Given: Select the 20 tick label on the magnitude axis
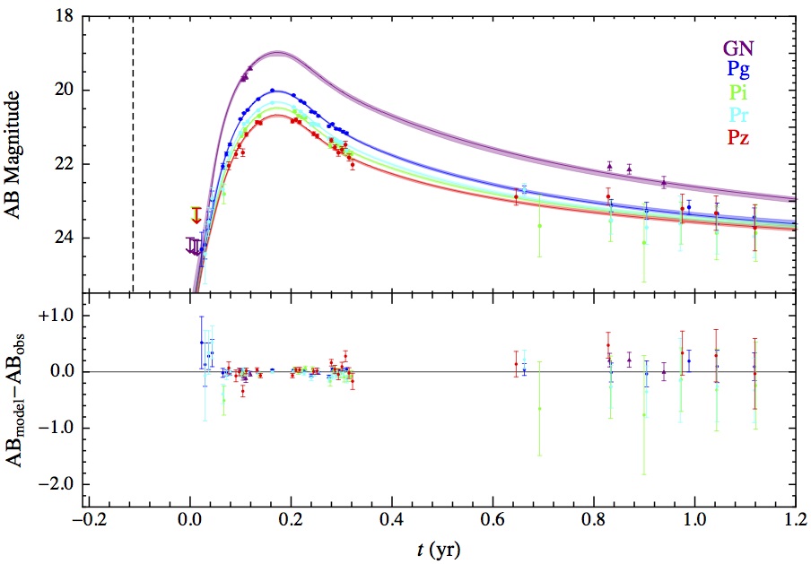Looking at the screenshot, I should pos(63,91).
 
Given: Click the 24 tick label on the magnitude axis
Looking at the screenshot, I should pos(63,238).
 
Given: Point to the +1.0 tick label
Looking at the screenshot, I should pos(54,317).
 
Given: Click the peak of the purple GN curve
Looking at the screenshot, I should pos(278,53).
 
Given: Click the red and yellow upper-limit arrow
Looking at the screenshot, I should pos(196,215).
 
